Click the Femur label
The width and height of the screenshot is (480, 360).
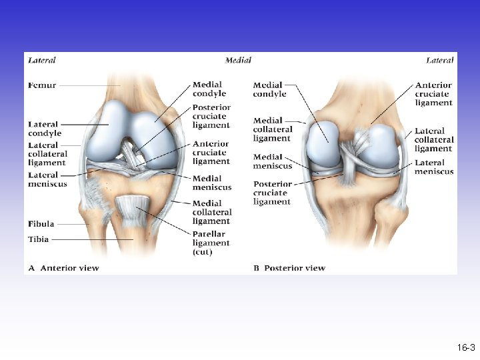point(42,85)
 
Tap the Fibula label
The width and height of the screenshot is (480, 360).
point(41,224)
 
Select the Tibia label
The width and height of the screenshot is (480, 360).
point(39,239)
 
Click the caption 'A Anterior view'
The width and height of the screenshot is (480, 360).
point(63,268)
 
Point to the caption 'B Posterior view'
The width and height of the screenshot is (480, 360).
point(289,268)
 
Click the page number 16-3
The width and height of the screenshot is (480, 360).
point(466,348)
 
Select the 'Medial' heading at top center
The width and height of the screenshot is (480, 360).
point(238,60)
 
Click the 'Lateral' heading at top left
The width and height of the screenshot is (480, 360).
point(41,60)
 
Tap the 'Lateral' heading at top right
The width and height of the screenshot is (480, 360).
point(440,60)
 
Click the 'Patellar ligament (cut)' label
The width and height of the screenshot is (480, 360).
point(211,243)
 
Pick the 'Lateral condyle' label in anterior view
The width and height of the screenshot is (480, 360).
point(45,129)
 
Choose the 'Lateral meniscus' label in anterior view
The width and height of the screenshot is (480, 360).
point(47,179)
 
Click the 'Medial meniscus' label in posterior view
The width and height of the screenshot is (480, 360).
point(273,162)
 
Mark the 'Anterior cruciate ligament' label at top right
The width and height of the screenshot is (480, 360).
point(433,94)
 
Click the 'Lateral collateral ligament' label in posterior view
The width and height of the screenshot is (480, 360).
point(434,139)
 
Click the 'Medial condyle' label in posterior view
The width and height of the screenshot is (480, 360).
point(269,89)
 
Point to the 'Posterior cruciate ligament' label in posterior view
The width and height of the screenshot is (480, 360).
point(273,193)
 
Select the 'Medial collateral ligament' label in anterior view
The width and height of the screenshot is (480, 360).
point(211,212)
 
